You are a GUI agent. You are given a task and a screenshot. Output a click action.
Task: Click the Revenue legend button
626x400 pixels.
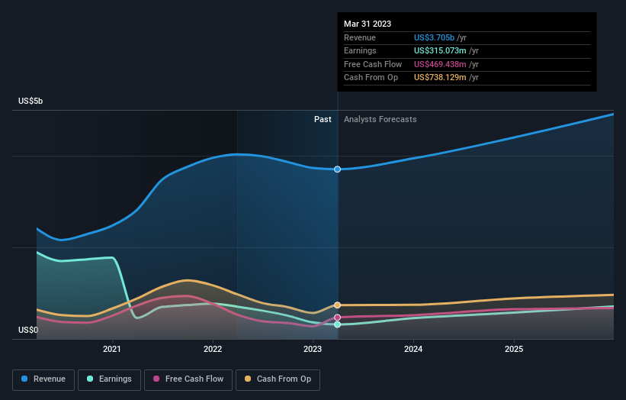tap(43, 379)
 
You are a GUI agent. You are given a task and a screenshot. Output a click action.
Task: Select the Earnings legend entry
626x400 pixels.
tap(109, 379)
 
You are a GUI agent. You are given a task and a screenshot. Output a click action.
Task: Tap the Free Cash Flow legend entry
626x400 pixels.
tap(188, 379)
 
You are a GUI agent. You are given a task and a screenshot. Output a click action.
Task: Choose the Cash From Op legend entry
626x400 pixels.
tap(278, 379)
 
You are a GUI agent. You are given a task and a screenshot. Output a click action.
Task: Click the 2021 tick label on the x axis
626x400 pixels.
tap(112, 350)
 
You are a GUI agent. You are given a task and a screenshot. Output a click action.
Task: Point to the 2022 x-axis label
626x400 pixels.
tap(213, 350)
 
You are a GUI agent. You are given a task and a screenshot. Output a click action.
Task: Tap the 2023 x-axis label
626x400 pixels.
tap(313, 350)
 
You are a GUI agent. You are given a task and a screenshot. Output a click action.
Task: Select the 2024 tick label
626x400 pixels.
tap(413, 350)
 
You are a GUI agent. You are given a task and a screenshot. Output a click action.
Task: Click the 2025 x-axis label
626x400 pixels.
tap(514, 350)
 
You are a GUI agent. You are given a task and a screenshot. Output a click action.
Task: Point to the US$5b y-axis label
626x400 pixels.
tap(30, 101)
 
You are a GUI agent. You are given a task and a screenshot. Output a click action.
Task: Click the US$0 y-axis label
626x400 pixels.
tap(28, 330)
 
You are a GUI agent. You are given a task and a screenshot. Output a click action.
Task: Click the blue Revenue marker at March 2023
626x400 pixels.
tap(337, 169)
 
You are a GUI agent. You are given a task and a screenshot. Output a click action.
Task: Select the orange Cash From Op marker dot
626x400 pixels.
tap(337, 305)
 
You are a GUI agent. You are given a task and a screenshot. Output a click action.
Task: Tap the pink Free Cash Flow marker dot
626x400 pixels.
tap(337, 318)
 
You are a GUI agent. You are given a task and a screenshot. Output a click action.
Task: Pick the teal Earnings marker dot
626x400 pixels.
tap(337, 324)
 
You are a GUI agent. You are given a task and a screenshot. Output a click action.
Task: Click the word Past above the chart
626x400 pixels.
tap(323, 120)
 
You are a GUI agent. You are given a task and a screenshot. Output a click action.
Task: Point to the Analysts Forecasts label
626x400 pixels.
tap(380, 120)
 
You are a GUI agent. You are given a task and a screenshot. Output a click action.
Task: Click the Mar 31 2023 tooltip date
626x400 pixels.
tap(368, 24)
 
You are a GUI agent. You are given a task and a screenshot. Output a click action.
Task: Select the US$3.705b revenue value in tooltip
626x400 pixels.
tap(434, 37)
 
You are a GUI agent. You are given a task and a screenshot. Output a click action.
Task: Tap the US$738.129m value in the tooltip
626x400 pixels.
tap(440, 78)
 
